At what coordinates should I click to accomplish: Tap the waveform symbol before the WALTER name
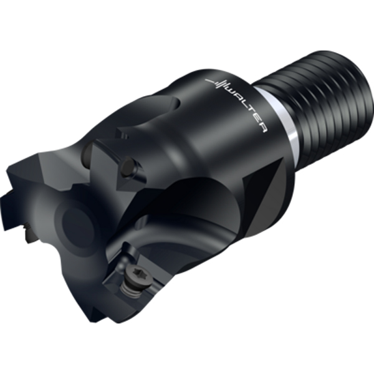click(x=218, y=83)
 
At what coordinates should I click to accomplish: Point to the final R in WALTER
click(x=262, y=128)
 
